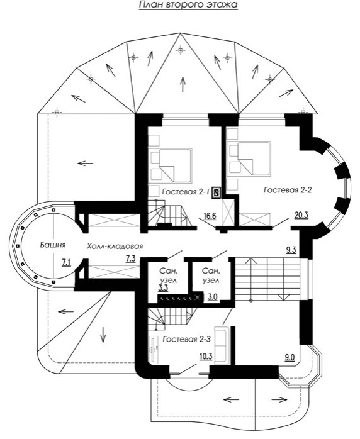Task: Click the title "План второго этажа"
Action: (188, 5)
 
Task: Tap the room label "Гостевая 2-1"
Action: (186, 192)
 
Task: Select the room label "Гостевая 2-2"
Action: (288, 190)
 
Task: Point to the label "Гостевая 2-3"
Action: (186, 340)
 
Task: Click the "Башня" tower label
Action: (53, 245)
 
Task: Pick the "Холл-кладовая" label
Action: (115, 247)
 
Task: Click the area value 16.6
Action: (210, 216)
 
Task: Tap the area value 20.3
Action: (301, 214)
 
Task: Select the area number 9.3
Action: (291, 250)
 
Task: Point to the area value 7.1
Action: (66, 262)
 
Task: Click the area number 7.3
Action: (130, 259)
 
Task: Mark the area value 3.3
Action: (163, 287)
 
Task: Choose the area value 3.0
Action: (213, 297)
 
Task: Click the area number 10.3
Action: (206, 357)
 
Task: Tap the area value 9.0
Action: (290, 357)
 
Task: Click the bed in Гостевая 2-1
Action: (176, 165)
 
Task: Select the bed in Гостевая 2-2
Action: (254, 158)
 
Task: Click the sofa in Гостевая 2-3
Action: (222, 345)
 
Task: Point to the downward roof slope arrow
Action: (103, 335)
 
